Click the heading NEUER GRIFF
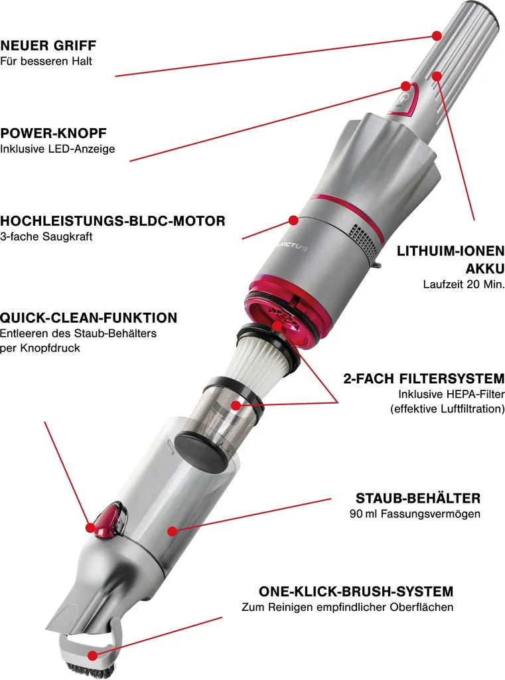tap(48, 46)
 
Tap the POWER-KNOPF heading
tap(53, 133)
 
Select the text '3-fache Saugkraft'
tap(46, 237)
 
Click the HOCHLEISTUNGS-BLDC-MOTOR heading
tap(113, 220)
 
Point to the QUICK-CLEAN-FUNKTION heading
tap(88, 318)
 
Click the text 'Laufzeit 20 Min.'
tap(464, 284)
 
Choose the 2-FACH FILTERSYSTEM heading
tap(424, 379)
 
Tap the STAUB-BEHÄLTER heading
tap(418, 498)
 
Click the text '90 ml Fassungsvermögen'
tap(415, 514)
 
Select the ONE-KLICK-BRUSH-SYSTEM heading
tap(356, 592)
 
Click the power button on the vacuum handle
tap(404, 100)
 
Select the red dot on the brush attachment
tap(92, 655)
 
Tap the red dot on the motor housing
tap(293, 220)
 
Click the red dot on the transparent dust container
tap(173, 531)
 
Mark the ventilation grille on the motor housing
tap(362, 238)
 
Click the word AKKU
tap(485, 269)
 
